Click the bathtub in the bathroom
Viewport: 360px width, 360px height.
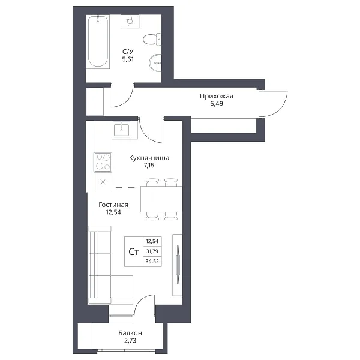click(98, 41)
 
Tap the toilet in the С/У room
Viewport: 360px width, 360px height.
click(152, 39)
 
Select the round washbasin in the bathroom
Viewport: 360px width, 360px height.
click(155, 63)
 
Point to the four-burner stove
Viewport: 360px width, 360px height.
click(103, 162)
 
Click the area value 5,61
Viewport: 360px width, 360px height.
click(128, 59)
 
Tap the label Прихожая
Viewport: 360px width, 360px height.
click(216, 96)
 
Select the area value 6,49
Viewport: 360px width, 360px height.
click(217, 104)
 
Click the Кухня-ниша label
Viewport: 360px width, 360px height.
click(149, 158)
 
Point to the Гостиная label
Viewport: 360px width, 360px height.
click(113, 205)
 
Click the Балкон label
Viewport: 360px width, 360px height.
click(130, 333)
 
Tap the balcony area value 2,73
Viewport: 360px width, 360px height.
click(130, 340)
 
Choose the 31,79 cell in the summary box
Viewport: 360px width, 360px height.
click(152, 251)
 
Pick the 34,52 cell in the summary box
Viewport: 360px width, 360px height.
click(152, 261)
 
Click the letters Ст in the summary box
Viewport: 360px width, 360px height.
click(134, 252)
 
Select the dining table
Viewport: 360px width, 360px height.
click(161, 199)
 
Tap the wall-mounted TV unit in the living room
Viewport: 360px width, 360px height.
click(177, 265)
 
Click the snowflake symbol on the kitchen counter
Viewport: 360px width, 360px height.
click(103, 182)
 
